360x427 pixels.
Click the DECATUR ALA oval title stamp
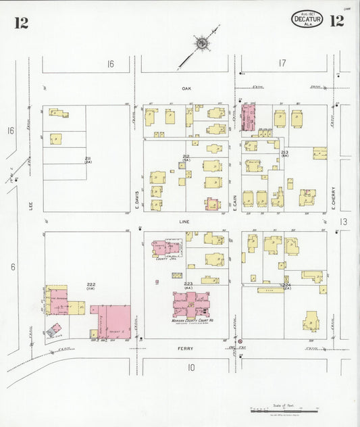point(307,20)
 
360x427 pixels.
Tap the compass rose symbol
point(202,44)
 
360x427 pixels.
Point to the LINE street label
point(184,222)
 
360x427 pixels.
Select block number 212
point(186,156)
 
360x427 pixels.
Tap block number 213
point(285,153)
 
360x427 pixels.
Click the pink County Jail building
point(165,248)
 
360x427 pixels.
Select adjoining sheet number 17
point(282,64)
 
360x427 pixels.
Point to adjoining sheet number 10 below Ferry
point(191,368)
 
